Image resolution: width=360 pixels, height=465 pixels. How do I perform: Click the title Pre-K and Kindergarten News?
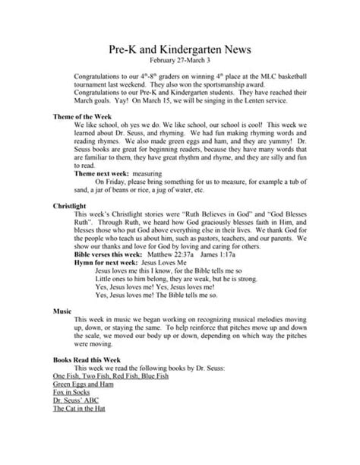179,49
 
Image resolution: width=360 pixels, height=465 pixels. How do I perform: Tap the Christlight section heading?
71,206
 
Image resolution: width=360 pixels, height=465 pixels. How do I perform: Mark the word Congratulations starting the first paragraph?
102,77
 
